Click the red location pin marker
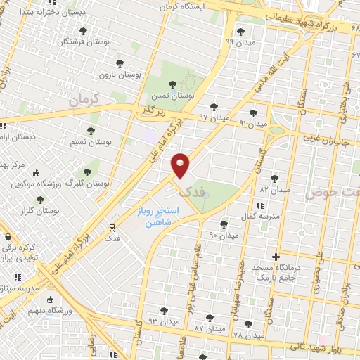[181, 165]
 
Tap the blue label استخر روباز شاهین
[159, 216]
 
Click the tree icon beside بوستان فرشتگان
[83, 32]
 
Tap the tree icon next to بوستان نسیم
[90, 131]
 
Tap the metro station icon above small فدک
[111, 227]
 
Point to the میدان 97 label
[213, 116]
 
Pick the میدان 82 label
[274, 189]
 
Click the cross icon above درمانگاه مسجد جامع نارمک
[276, 257]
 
